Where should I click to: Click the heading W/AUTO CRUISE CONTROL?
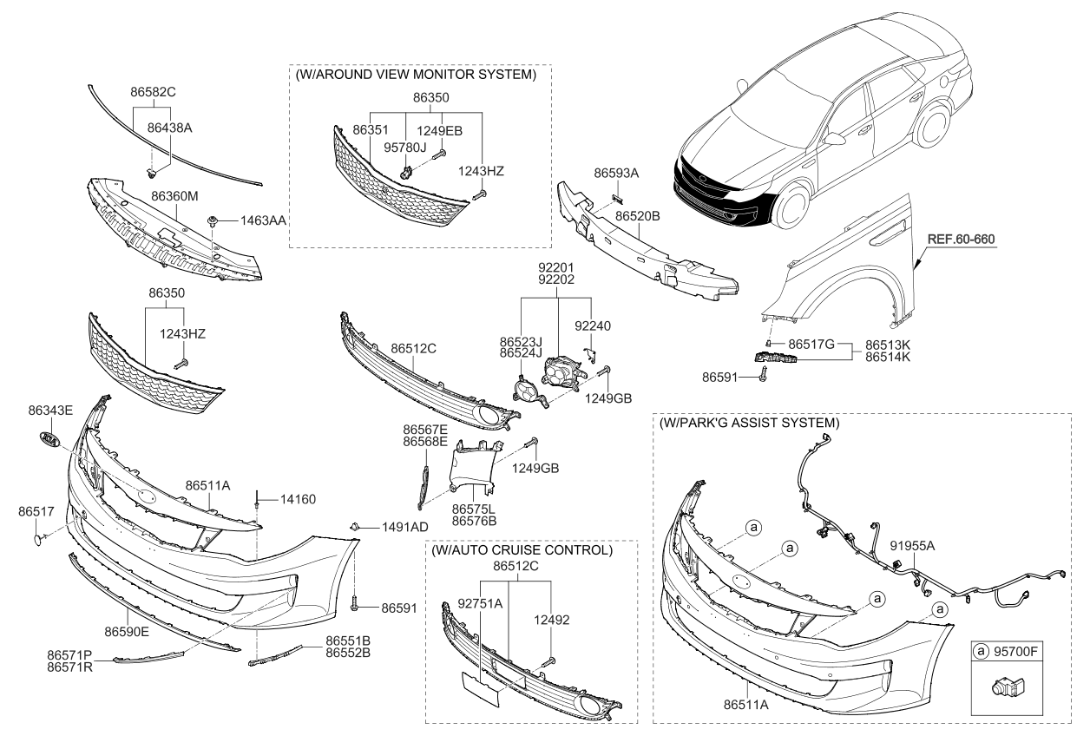[x=521, y=550]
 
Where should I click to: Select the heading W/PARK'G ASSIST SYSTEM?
[x=748, y=423]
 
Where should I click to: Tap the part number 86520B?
[x=639, y=213]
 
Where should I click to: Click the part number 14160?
[x=298, y=499]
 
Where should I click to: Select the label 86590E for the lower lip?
[x=127, y=631]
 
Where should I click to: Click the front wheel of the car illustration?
[x=798, y=206]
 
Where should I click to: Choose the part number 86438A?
[x=169, y=127]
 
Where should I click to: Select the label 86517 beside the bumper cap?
[x=34, y=512]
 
